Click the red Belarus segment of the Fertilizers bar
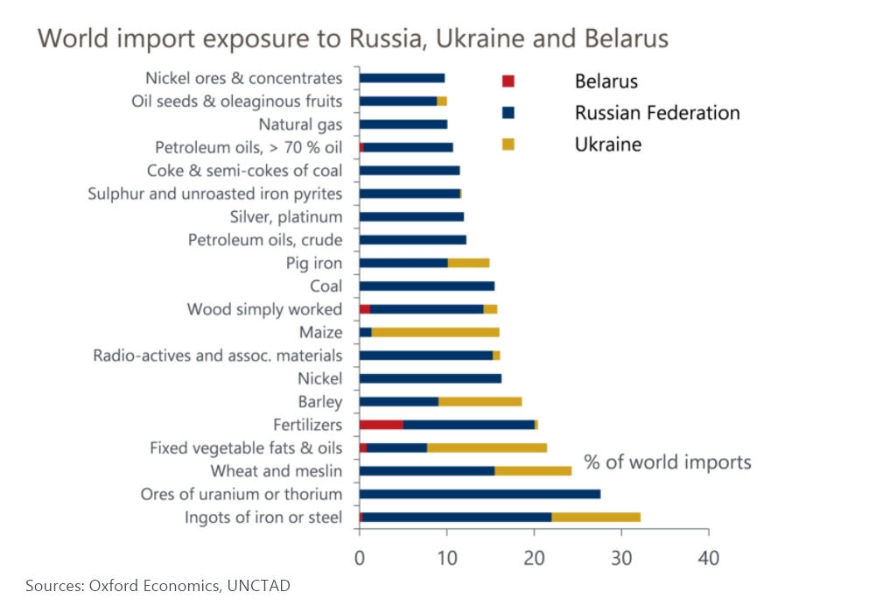[x=382, y=425]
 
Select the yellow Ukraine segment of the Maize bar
[x=435, y=332]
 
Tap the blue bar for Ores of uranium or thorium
[x=480, y=494]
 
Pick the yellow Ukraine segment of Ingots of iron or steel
[x=596, y=518]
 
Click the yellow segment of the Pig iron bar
[x=468, y=263]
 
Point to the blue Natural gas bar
[x=403, y=124]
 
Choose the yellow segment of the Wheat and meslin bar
[x=533, y=471]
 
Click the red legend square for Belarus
[x=508, y=81]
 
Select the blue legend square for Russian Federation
[x=508, y=113]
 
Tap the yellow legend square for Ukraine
[x=508, y=144]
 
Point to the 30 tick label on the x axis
[x=621, y=558]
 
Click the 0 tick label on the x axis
[x=360, y=558]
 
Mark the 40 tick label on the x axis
[x=709, y=558]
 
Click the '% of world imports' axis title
[x=667, y=462]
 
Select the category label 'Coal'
[x=326, y=286]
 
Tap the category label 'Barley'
[x=320, y=402]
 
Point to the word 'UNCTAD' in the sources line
[x=258, y=586]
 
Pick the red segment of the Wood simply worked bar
[x=365, y=309]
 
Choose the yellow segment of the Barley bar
[x=480, y=401]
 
